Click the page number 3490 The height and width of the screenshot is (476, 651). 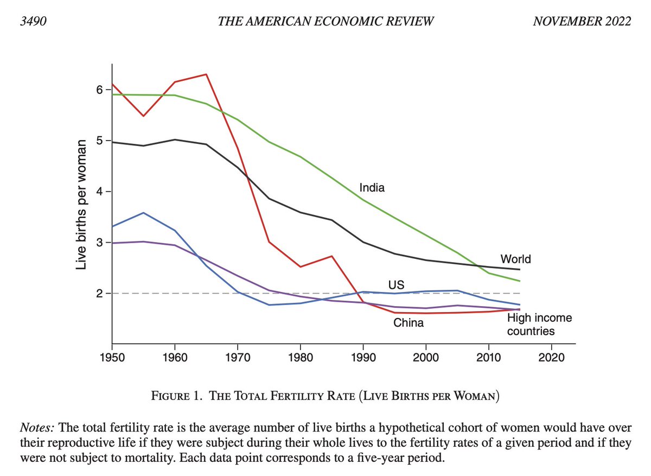tap(32, 21)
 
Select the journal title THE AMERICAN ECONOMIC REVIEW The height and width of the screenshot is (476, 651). tap(325, 21)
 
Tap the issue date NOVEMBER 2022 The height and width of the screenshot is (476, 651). tap(582, 21)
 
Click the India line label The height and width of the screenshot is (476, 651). tap(372, 188)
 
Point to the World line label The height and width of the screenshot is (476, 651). tap(515, 259)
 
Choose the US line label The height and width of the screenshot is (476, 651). tap(396, 285)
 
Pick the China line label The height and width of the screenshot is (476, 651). tap(409, 323)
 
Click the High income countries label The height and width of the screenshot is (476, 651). tap(539, 324)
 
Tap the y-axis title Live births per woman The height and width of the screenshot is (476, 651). tap(81, 205)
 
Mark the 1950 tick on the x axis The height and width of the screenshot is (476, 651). tap(111, 358)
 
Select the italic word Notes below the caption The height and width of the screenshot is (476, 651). tap(34, 428)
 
